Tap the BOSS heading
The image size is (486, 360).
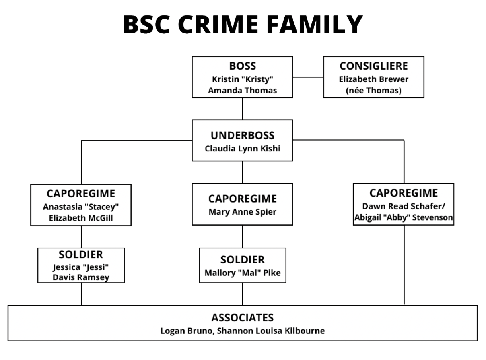(242, 66)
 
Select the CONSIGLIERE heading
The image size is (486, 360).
(373, 66)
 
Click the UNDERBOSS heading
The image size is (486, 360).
(242, 135)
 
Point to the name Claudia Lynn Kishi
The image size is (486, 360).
(242, 148)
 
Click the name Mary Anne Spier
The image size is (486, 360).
(242, 212)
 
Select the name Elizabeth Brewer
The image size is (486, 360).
(373, 79)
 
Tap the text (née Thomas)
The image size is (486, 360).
(373, 91)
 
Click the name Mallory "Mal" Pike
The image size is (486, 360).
(242, 273)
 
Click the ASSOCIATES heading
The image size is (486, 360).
(242, 318)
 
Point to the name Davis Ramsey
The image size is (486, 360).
(81, 277)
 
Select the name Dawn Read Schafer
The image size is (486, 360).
(401, 207)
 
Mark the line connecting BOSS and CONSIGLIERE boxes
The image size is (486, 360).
(308, 77)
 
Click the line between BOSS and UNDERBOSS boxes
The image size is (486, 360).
(242, 109)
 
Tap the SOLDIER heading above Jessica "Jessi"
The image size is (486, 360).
(81, 254)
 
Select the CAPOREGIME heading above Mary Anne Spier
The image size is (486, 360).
(242, 199)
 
